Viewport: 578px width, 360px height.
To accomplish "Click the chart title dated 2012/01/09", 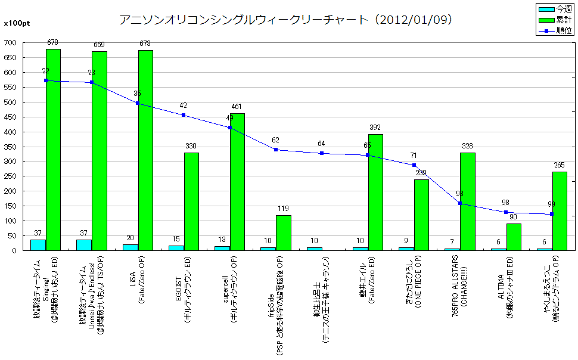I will [285, 20].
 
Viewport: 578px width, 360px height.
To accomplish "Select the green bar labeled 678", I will [53, 150].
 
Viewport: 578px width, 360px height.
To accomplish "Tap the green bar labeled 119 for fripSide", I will [283, 232].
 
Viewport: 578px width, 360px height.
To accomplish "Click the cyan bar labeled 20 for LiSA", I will [130, 247].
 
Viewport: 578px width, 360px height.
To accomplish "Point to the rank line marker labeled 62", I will [276, 150].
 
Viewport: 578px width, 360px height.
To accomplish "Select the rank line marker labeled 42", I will [184, 115].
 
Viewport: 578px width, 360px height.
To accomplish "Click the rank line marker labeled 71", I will [414, 165].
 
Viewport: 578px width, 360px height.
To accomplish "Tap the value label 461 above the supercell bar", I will [237, 107].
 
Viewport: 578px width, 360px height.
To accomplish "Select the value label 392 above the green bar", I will [375, 128].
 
